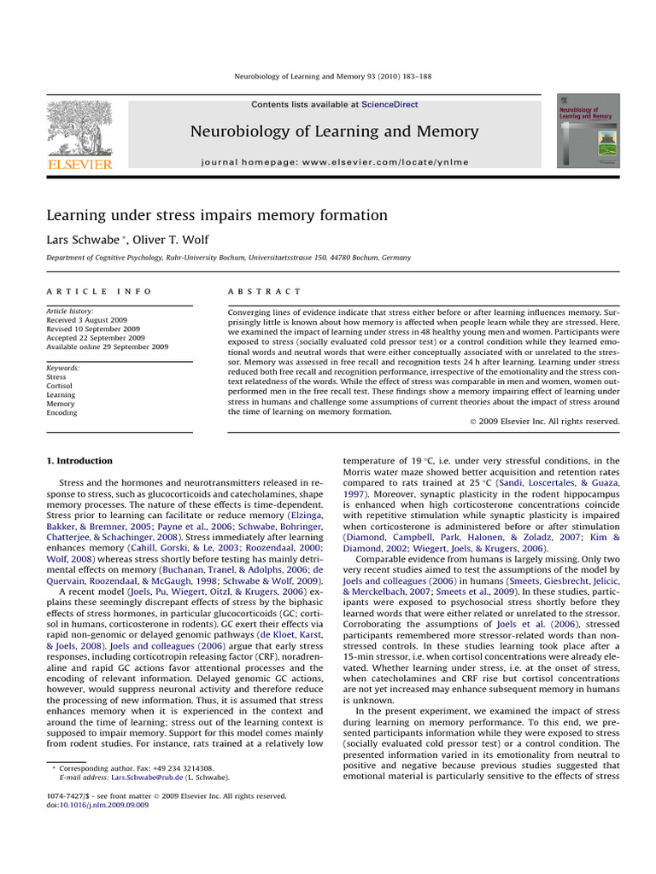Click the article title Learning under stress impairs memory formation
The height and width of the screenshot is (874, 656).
216,215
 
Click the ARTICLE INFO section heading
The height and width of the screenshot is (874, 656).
98,292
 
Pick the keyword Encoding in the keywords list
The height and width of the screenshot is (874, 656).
61,412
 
